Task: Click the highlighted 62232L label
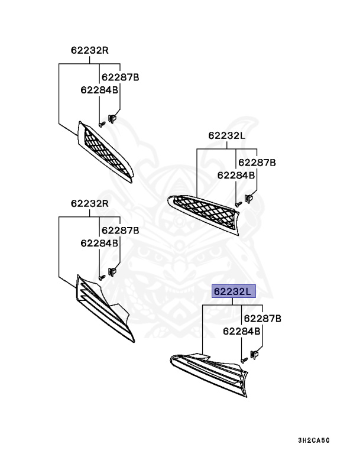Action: (x=233, y=291)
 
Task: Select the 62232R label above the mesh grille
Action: (x=89, y=50)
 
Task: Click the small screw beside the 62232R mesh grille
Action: (x=102, y=124)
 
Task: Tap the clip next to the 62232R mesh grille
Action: (x=112, y=119)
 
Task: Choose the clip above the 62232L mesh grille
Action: (x=249, y=198)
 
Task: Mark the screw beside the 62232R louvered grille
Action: (x=102, y=276)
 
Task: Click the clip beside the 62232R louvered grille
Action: (x=112, y=272)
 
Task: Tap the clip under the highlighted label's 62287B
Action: (x=255, y=355)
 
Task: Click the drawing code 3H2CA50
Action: (x=313, y=440)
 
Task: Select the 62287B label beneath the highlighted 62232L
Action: (x=262, y=319)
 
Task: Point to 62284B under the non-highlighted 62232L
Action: (x=236, y=175)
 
